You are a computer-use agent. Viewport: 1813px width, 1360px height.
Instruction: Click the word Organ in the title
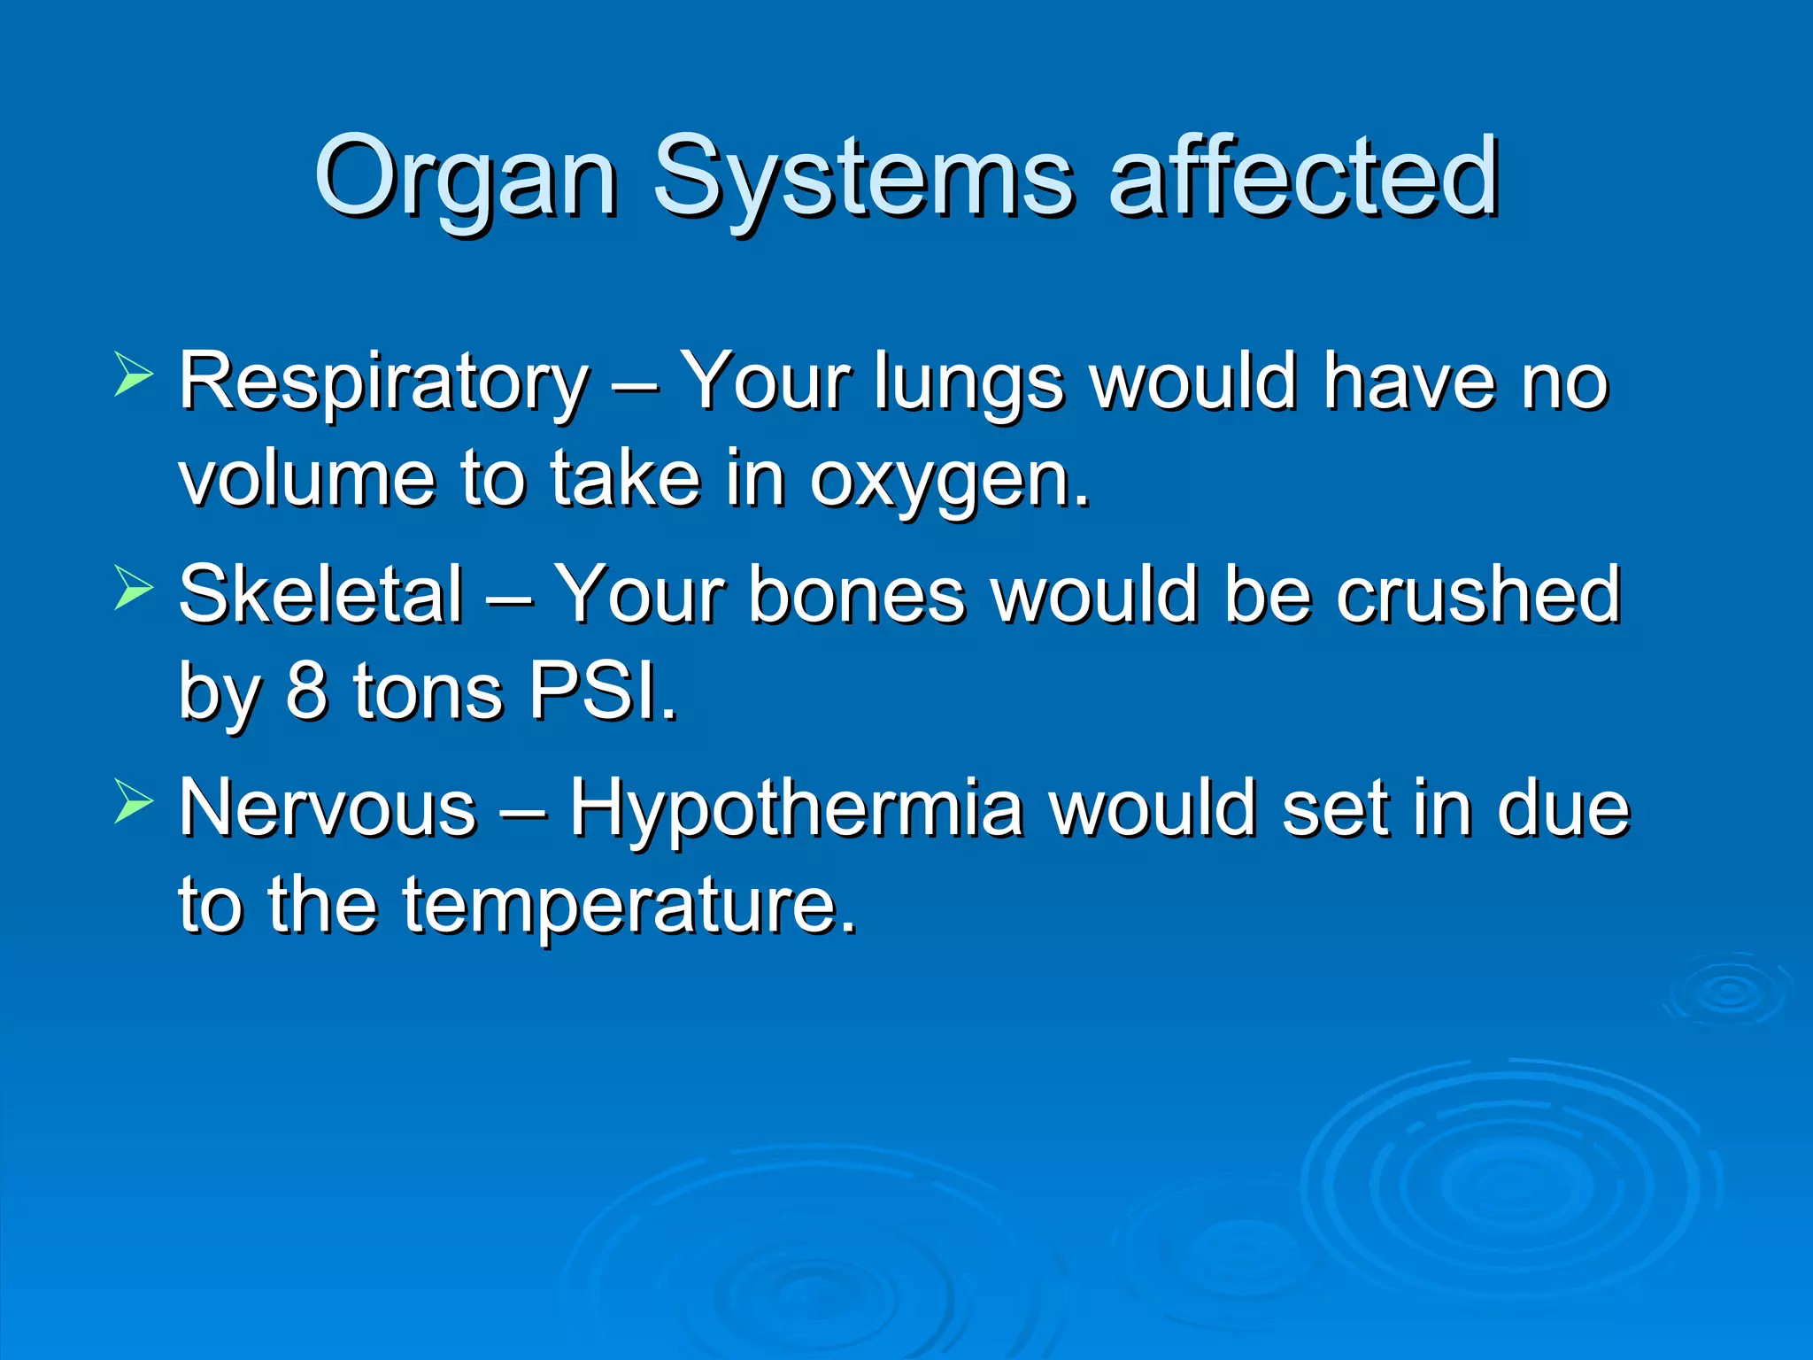pos(466,177)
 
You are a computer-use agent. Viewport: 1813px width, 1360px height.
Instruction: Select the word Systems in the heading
pos(863,177)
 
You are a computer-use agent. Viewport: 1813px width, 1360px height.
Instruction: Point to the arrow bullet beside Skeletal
pos(134,589)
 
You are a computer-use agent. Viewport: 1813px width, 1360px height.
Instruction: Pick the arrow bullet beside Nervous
pos(134,802)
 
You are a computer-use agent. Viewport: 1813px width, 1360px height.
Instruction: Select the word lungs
pos(968,382)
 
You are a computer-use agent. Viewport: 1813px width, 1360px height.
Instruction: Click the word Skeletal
pos(320,595)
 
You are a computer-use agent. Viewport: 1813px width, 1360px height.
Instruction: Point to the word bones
pos(857,595)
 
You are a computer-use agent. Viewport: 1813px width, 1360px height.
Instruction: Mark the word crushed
pos(1477,595)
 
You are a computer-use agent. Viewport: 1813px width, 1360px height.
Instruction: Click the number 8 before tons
pos(305,692)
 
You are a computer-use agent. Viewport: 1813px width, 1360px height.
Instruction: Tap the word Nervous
pos(328,808)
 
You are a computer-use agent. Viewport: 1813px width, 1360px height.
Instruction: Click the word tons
pos(428,692)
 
